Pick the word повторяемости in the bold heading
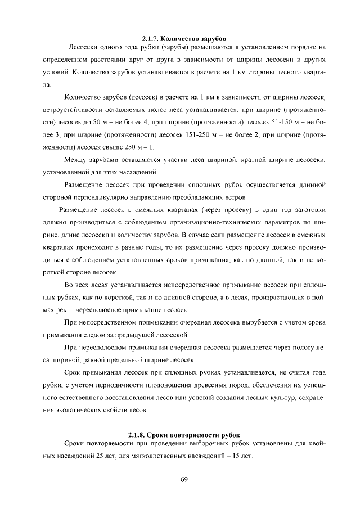pos(187,435)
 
